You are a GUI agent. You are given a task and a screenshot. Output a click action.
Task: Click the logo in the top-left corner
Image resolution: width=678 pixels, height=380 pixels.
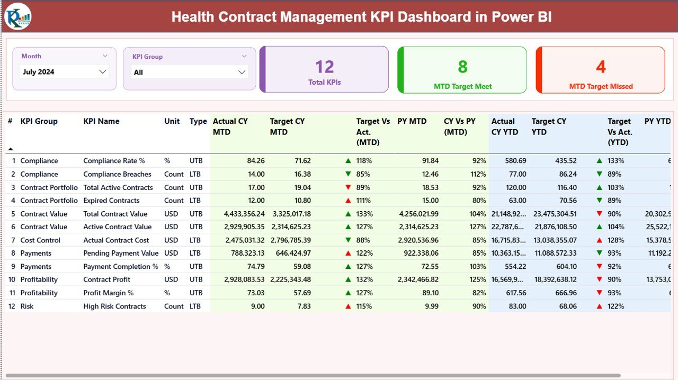click(x=17, y=16)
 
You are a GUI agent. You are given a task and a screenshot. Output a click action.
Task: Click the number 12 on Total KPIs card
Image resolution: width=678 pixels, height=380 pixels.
click(x=324, y=67)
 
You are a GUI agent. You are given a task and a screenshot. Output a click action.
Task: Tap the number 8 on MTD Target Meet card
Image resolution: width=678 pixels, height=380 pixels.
click(x=462, y=67)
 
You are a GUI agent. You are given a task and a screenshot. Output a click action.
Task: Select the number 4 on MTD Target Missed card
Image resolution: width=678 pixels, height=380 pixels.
click(x=601, y=67)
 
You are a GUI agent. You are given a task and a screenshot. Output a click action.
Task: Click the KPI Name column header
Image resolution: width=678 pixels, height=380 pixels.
click(x=101, y=121)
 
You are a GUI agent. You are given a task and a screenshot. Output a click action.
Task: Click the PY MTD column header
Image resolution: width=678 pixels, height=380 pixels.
click(x=412, y=121)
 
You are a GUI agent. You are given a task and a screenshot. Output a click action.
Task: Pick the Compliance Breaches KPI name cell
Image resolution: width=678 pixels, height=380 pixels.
click(x=117, y=174)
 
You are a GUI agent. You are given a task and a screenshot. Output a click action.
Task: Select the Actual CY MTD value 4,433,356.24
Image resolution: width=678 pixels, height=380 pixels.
click(x=237, y=214)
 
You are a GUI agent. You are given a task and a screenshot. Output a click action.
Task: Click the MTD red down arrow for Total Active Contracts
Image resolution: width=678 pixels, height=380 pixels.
click(x=348, y=187)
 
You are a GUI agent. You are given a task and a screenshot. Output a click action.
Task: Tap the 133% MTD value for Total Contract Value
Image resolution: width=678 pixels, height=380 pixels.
click(x=364, y=214)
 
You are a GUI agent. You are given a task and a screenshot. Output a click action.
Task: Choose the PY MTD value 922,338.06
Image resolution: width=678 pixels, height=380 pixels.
click(x=417, y=254)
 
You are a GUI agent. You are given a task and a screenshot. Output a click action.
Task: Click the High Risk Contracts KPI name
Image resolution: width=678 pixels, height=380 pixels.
click(x=114, y=306)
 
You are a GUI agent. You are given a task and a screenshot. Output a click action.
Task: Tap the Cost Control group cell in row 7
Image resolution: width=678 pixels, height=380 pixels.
click(x=40, y=240)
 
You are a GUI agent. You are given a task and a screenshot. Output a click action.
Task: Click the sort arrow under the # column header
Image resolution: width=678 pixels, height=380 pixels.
click(x=10, y=149)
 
